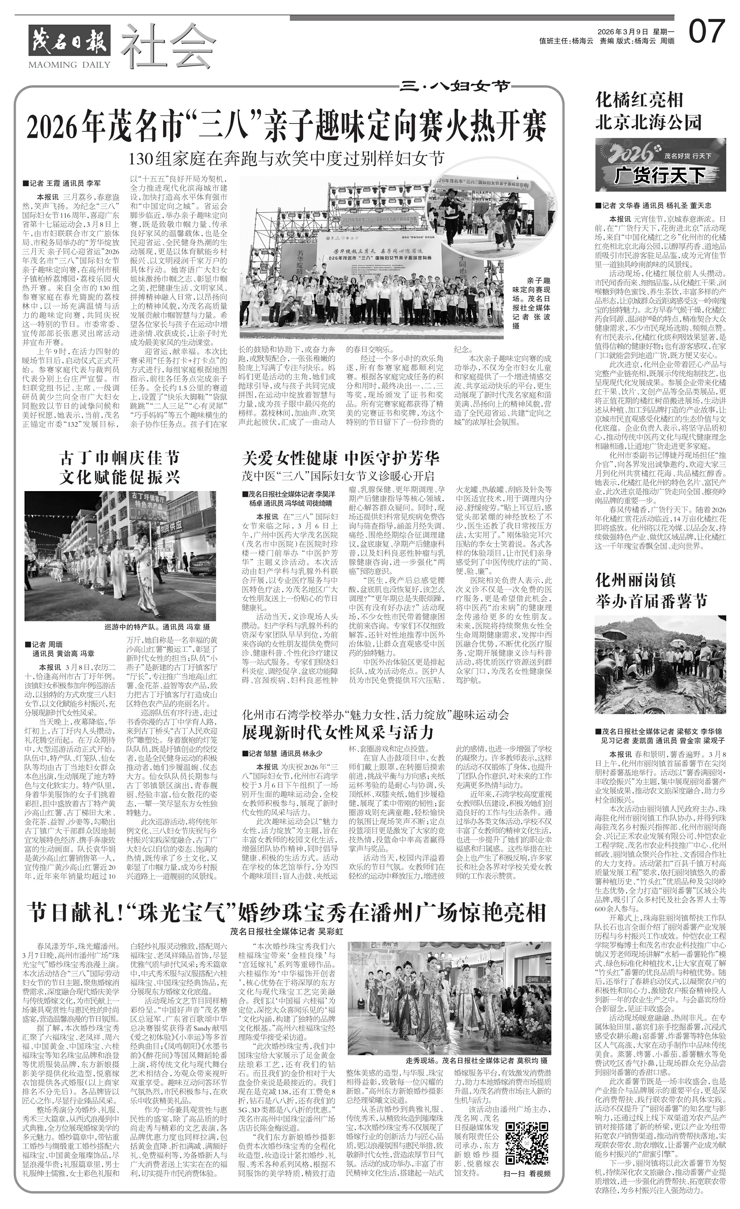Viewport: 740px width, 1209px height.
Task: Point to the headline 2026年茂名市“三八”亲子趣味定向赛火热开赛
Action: tap(287, 127)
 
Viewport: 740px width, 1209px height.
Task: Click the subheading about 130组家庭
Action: tap(287, 159)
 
